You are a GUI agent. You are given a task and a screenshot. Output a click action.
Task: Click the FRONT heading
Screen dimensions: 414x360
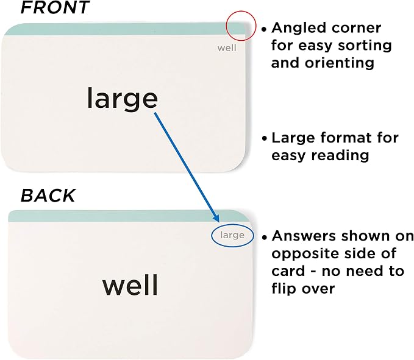tap(55, 7)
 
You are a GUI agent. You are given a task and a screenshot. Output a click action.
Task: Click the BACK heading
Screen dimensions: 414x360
tap(48, 196)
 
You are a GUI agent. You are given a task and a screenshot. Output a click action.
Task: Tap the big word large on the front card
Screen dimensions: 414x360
tap(122, 99)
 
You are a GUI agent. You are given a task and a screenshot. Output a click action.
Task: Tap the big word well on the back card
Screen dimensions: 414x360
tap(130, 285)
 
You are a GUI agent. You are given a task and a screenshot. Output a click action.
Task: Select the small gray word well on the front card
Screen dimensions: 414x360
tap(227, 48)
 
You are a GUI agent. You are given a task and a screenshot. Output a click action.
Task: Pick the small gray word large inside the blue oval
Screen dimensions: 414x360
tap(232, 235)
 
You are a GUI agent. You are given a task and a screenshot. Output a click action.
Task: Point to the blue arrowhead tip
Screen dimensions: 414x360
tap(218, 222)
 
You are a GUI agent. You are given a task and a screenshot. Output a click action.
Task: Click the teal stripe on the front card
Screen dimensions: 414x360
tap(124, 29)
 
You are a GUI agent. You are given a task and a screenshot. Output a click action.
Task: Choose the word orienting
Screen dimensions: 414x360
tap(340, 63)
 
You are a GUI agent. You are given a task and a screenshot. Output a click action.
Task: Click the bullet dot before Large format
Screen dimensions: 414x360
tap(264, 138)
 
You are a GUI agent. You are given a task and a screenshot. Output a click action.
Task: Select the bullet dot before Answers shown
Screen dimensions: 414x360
tap(265, 237)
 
